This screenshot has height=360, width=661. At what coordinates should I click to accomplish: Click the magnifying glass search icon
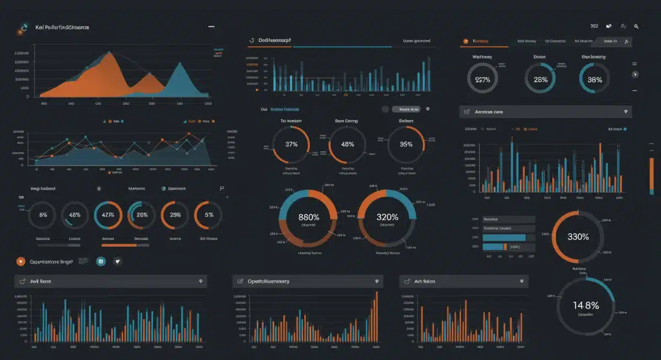click(636, 26)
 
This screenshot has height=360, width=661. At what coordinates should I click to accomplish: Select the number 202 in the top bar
click(594, 26)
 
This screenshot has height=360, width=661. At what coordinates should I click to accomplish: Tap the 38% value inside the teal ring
click(594, 79)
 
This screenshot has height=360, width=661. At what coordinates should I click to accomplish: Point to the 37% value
click(291, 144)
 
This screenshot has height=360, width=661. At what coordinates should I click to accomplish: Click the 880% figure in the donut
click(308, 217)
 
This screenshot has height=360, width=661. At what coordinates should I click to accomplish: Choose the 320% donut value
click(387, 217)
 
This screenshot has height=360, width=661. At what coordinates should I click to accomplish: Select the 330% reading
click(578, 237)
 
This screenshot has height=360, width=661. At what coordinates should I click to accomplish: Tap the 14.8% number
click(586, 305)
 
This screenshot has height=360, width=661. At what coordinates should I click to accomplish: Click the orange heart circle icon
click(21, 261)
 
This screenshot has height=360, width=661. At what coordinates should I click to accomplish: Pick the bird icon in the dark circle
click(117, 261)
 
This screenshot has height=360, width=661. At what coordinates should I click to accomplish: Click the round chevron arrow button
click(635, 74)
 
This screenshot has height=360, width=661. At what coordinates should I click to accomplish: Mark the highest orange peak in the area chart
click(109, 53)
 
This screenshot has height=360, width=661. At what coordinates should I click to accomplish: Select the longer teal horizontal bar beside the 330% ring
click(504, 238)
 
